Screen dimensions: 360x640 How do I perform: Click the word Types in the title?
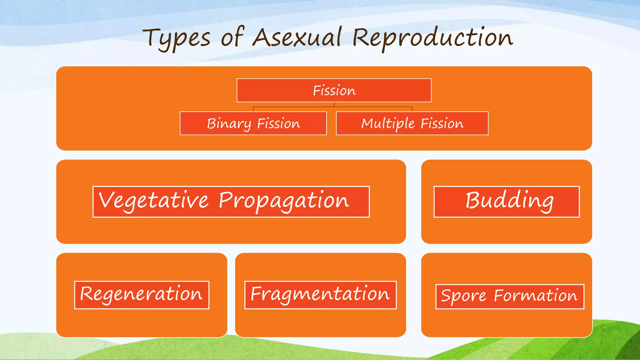pyautogui.click(x=177, y=39)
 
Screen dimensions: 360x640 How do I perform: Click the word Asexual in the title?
pyautogui.click(x=297, y=37)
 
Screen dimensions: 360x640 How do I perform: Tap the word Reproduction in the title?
pyautogui.click(x=433, y=38)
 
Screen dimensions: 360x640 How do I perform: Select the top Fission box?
pyautogui.click(x=334, y=90)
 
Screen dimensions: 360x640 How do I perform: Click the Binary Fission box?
pyautogui.click(x=253, y=123)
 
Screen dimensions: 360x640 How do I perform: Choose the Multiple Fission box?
pyautogui.click(x=412, y=123)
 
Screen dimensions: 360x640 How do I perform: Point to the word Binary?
pyautogui.click(x=229, y=124)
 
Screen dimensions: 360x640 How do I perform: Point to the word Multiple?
pyautogui.click(x=388, y=124)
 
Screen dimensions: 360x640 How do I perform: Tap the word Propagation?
pyautogui.click(x=284, y=201)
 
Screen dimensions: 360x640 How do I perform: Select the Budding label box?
pyautogui.click(x=506, y=202)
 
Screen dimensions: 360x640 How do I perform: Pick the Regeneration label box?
pyautogui.click(x=142, y=295)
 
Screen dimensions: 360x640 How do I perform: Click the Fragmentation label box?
pyautogui.click(x=320, y=295)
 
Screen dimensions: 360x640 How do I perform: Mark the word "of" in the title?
pyautogui.click(x=232, y=37)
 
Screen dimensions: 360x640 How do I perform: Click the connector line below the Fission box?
pyautogui.click(x=334, y=107)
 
